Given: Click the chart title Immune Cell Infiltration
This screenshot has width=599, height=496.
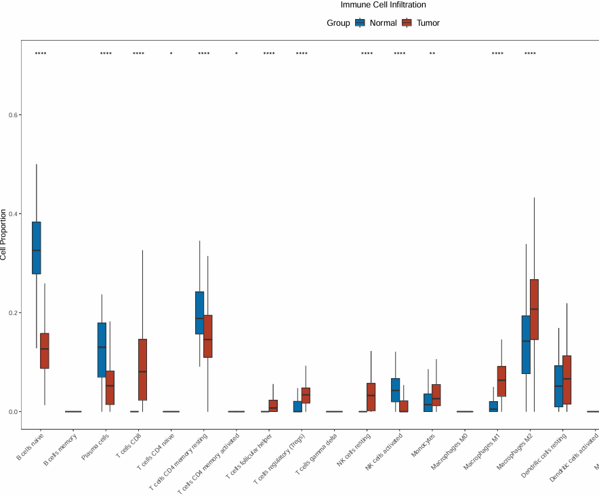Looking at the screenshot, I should pyautogui.click(x=384, y=5).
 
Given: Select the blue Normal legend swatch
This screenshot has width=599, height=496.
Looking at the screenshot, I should pyautogui.click(x=360, y=23).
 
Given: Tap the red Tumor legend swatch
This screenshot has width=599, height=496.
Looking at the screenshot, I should pyautogui.click(x=407, y=23).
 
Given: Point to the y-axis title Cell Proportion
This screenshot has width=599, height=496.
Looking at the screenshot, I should pyautogui.click(x=4, y=235).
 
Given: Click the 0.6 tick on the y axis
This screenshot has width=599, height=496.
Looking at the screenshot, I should pyautogui.click(x=14, y=115).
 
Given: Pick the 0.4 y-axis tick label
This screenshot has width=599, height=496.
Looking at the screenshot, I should pyautogui.click(x=14, y=213).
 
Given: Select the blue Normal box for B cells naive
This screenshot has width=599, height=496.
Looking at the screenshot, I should pyautogui.click(x=37, y=247).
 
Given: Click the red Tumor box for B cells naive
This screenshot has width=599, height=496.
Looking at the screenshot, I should pyautogui.click(x=45, y=350).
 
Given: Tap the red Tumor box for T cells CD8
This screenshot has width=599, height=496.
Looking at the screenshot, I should pyautogui.click(x=142, y=369).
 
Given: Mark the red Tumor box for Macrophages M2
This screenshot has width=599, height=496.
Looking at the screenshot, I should pyautogui.click(x=534, y=309).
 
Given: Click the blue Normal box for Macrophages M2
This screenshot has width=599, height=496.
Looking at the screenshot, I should pyautogui.click(x=526, y=344).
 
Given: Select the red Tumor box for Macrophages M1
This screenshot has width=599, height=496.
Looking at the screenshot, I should pyautogui.click(x=501, y=381).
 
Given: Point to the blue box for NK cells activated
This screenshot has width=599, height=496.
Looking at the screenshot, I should pyautogui.click(x=395, y=390).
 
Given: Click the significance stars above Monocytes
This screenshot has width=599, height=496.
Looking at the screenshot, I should pyautogui.click(x=432, y=54).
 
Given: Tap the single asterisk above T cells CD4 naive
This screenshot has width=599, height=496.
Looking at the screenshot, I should pyautogui.click(x=171, y=54).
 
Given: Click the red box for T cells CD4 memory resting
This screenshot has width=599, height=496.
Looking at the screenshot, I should pyautogui.click(x=208, y=336).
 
